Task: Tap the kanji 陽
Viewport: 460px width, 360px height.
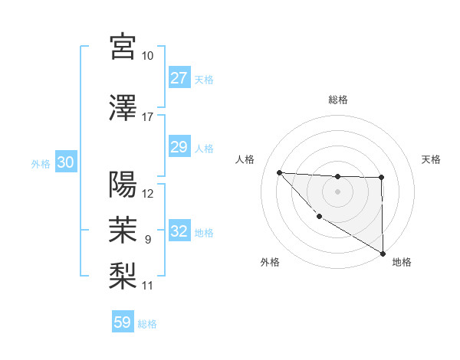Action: pos(123,185)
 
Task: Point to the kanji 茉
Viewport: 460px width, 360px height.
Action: pos(123,228)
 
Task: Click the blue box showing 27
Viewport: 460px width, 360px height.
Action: pos(179,78)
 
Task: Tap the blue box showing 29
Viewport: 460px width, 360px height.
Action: pos(179,147)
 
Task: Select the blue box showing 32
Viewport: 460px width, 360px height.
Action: pos(179,232)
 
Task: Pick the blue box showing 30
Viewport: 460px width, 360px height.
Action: pos(65,163)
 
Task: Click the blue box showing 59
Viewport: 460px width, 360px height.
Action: pos(123,322)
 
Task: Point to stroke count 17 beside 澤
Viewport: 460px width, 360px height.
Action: pos(148,116)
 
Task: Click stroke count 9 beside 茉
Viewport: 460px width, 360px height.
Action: pos(148,239)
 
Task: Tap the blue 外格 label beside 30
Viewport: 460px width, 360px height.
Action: pos(40,164)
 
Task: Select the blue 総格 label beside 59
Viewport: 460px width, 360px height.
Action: pos(147,324)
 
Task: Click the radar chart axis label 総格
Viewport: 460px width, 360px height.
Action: pos(337,100)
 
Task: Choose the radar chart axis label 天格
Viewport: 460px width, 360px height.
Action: pos(432,159)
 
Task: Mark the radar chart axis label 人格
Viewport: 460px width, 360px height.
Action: pos(245,159)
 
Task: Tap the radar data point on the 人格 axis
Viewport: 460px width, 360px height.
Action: pos(279,172)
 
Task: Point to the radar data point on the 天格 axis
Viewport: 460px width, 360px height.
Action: pos(381,178)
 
